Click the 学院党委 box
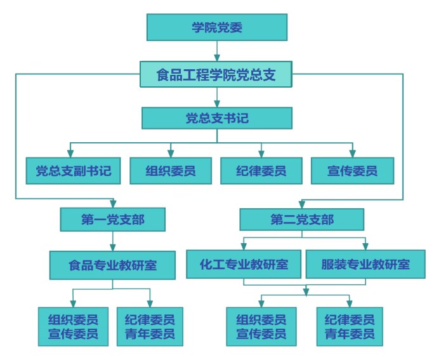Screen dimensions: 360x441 pos(217,27)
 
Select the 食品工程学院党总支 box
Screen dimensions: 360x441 pos(216,76)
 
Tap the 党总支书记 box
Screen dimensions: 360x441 pos(216,119)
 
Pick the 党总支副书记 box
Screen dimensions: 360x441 pos(69,170)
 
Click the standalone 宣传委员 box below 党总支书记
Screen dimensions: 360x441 pos(352,170)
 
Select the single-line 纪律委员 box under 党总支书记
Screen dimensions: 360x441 pos(261,170)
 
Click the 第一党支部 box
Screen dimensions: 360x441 pos(113,220)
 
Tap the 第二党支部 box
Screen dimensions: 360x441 pos(302,220)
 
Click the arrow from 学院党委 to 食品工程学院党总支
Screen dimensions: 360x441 pos(217,51)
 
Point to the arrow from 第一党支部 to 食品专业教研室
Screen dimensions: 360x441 pos(113,241)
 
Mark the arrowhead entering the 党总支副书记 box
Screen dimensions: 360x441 pos(69,152)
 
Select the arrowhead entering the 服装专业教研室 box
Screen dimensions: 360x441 pos(365,246)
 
